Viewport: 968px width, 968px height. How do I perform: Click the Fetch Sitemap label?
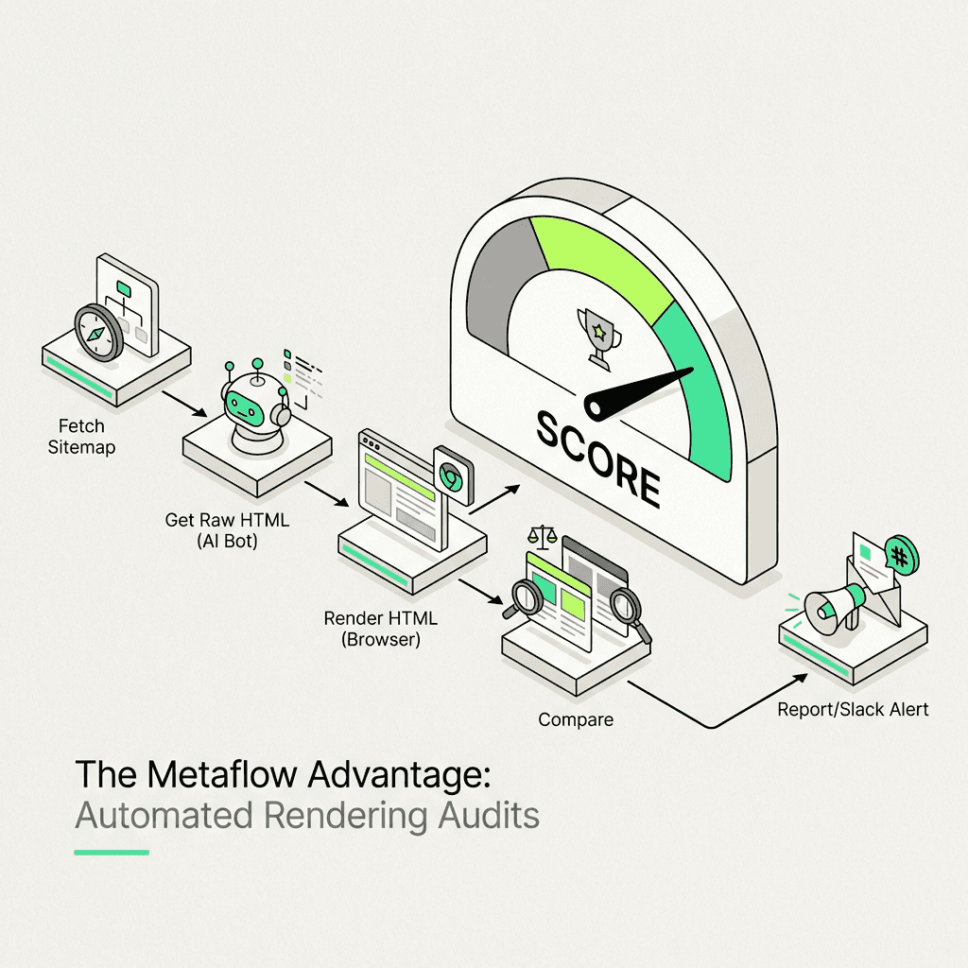click(81, 436)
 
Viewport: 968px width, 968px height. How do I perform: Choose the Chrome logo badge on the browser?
click(452, 475)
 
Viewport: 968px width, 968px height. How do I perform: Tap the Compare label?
click(576, 719)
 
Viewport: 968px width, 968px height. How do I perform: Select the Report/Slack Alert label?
click(853, 709)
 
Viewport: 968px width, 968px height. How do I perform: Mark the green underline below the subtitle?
click(112, 852)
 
